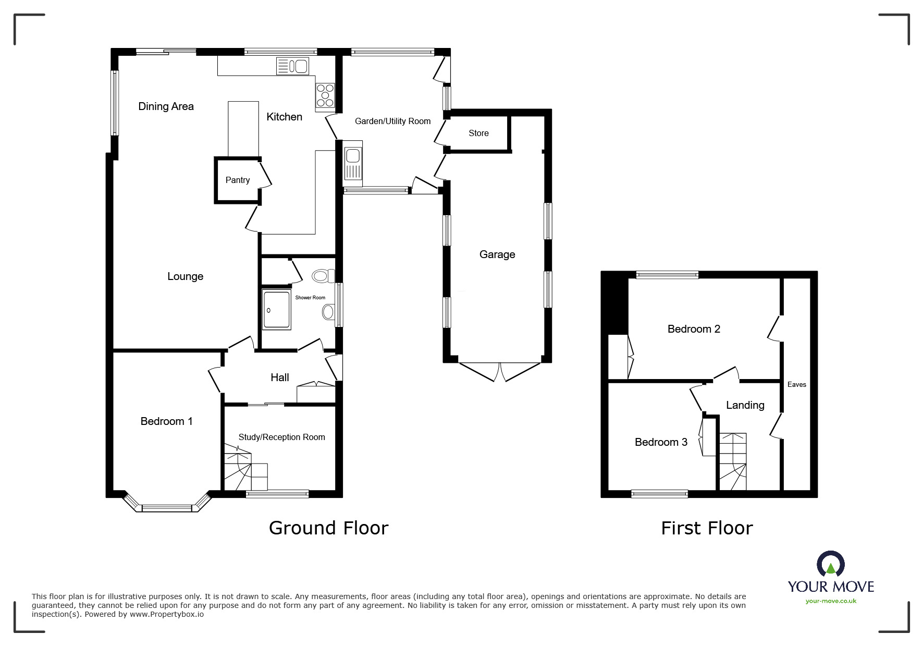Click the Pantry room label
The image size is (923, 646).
[238, 180]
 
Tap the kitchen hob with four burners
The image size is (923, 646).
[325, 95]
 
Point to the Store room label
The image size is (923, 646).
[478, 133]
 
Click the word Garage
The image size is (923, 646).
[497, 254]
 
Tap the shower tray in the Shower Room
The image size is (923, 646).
[276, 310]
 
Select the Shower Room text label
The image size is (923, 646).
[310, 298]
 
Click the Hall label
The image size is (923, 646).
[280, 377]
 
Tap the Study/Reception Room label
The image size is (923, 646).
[281, 437]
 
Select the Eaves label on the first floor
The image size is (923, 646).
[796, 384]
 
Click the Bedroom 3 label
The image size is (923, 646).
[661, 442]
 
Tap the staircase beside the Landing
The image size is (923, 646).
[732, 461]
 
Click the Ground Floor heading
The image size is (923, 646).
[328, 528]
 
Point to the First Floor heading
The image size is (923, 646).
[707, 528]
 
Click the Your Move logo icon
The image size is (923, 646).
[830, 565]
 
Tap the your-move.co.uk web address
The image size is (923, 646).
[831, 601]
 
